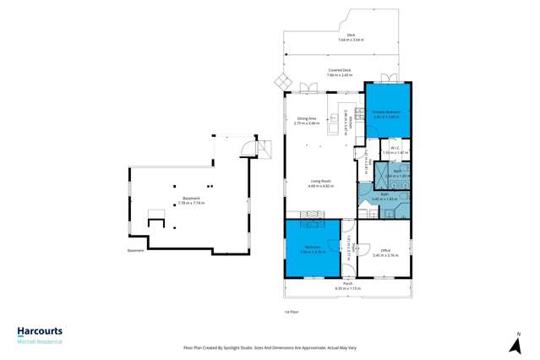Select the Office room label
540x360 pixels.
pos(385,252)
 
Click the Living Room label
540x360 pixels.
pos(321,183)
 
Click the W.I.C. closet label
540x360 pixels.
pos(394,150)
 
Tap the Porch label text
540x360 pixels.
pos(347,286)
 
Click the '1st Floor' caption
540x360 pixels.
pos(291,312)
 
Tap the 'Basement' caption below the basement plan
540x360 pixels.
pos(135,251)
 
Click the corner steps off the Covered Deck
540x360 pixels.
pos(281,82)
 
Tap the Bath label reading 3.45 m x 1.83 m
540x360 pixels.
pos(385,196)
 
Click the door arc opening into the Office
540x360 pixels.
pos(366,226)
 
